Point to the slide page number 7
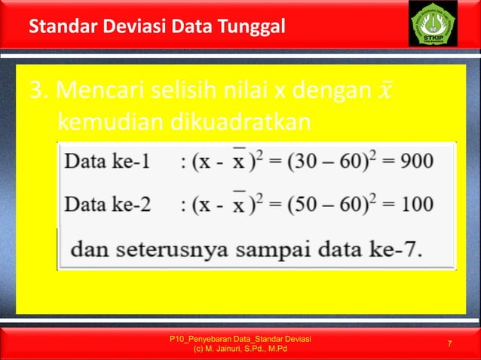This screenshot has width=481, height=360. (449, 344)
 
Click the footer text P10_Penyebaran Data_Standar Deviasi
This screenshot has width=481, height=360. (242, 340)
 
